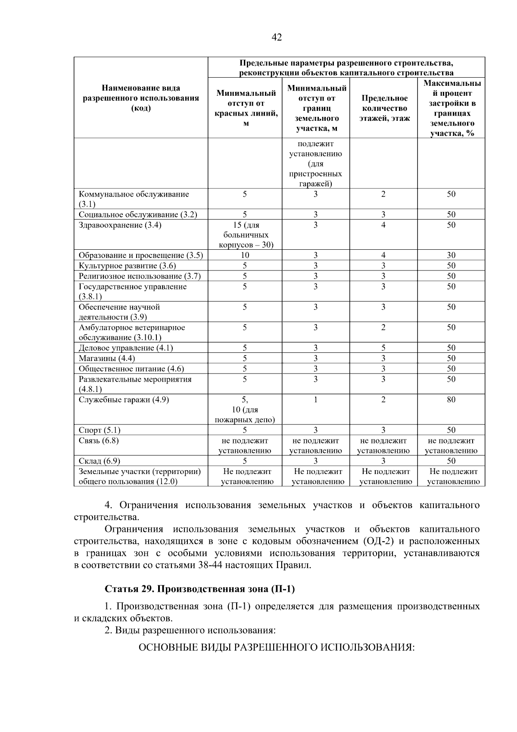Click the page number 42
coord(277,38)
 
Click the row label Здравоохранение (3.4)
coord(120,225)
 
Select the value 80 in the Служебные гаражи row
coord(451,400)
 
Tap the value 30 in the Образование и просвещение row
coord(451,255)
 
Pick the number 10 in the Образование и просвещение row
coord(245,255)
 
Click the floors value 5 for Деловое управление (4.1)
coord(383,348)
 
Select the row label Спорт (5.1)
coord(100,430)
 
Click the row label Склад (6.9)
coord(100,461)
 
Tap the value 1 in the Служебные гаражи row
coord(315,400)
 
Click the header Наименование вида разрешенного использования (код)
coord(141,98)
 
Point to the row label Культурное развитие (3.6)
coord(127,266)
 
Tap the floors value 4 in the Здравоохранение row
coord(383,225)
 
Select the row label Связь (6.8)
coord(99,441)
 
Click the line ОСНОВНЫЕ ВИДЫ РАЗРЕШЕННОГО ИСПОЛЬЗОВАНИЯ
coord(276,648)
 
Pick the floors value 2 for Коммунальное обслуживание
coord(383,195)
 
